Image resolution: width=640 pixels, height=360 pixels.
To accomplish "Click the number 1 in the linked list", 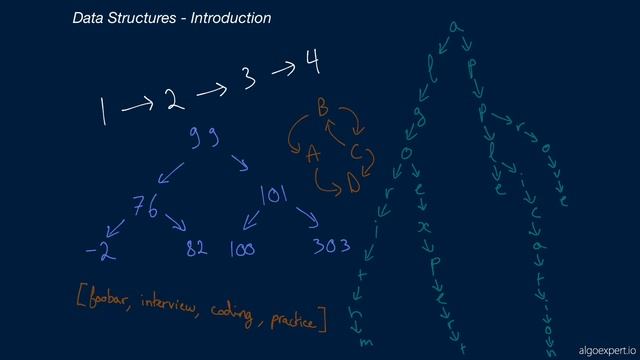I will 103,111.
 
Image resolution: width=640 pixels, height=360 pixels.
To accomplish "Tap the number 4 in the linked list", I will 314,66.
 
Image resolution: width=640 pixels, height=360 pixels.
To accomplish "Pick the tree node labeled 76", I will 146,207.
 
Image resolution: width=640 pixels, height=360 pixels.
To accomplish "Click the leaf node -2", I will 100,250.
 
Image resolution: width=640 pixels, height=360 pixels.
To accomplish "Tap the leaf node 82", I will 196,248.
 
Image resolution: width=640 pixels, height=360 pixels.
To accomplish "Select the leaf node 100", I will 242,248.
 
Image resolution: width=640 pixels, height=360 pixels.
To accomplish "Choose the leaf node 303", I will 330,246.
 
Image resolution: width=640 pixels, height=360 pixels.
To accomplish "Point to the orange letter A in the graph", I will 313,155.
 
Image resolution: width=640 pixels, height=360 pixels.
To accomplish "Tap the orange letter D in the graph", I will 353,182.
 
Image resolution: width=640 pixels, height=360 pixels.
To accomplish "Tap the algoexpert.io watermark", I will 606,349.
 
